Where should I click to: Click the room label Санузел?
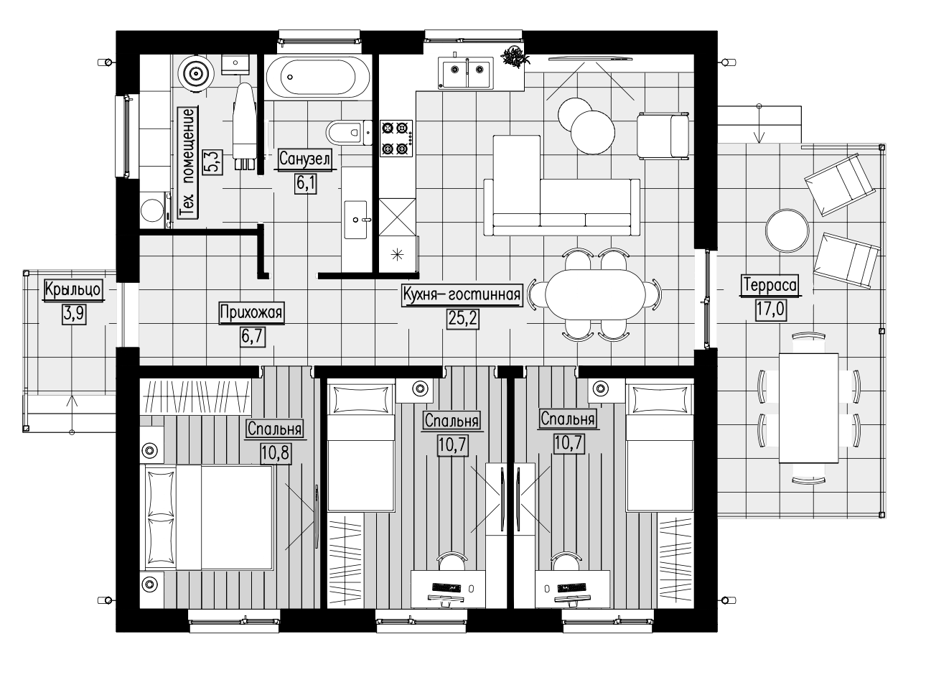pyautogui.click(x=305, y=159)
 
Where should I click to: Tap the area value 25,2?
pyautogui.click(x=463, y=319)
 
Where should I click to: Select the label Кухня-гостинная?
pyautogui.click(x=462, y=294)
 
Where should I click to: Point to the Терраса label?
pyautogui.click(x=770, y=285)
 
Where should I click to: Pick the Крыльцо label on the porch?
pyautogui.click(x=73, y=289)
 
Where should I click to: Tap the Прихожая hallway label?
pyautogui.click(x=251, y=312)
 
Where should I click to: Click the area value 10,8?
pyautogui.click(x=276, y=453)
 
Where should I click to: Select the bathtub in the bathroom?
pyautogui.click(x=318, y=77)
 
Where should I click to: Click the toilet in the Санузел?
pyautogui.click(x=349, y=132)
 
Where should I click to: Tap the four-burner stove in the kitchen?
pyautogui.click(x=396, y=139)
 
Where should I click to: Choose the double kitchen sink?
pyautogui.click(x=465, y=73)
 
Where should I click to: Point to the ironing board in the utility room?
pyautogui.click(x=244, y=126)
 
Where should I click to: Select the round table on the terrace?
pyautogui.click(x=787, y=230)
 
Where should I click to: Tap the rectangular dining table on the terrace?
pyautogui.click(x=809, y=408)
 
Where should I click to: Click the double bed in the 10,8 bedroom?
pyautogui.click(x=209, y=518)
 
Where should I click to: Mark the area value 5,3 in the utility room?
pyautogui.click(x=212, y=162)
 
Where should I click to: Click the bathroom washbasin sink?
pyautogui.click(x=356, y=220)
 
